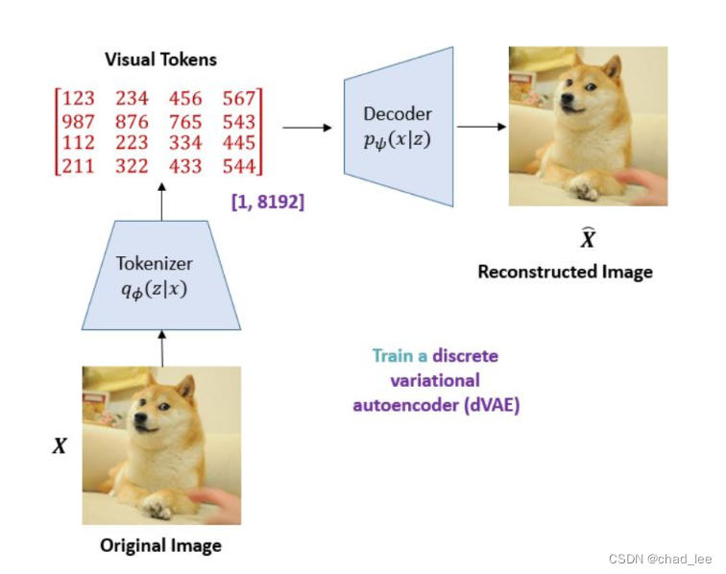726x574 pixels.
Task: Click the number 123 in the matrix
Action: pyautogui.click(x=77, y=99)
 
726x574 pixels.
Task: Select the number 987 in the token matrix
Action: pyautogui.click(x=77, y=122)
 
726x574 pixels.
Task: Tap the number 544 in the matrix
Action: pyautogui.click(x=238, y=166)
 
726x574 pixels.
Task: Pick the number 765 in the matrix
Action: pyautogui.click(x=185, y=122)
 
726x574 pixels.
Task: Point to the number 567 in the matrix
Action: pyautogui.click(x=238, y=99)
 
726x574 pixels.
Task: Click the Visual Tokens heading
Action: pyautogui.click(x=160, y=60)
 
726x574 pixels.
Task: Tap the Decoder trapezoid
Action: pyautogui.click(x=398, y=126)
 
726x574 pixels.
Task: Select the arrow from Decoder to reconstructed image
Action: pyautogui.click(x=481, y=127)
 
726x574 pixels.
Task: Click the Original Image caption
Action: pyautogui.click(x=160, y=546)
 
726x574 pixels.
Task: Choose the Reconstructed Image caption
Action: pyautogui.click(x=565, y=272)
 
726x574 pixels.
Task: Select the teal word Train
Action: pyautogui.click(x=393, y=356)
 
